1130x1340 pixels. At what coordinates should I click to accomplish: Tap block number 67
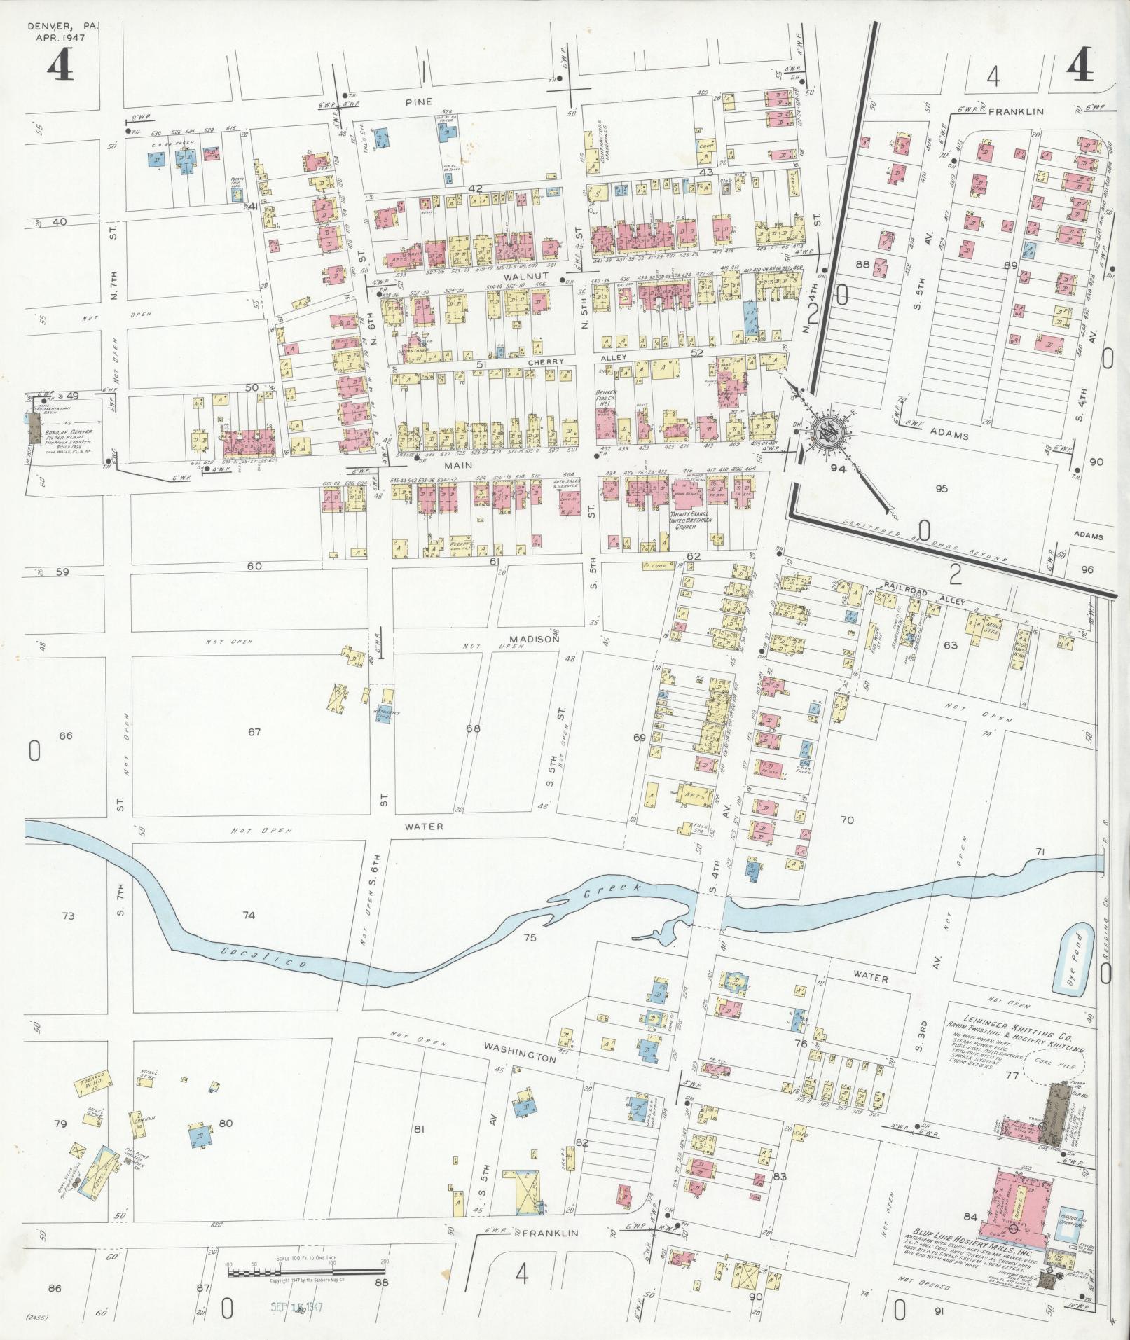click(254, 733)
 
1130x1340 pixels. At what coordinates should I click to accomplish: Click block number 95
click(941, 489)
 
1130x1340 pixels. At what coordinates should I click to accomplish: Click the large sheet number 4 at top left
click(62, 68)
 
